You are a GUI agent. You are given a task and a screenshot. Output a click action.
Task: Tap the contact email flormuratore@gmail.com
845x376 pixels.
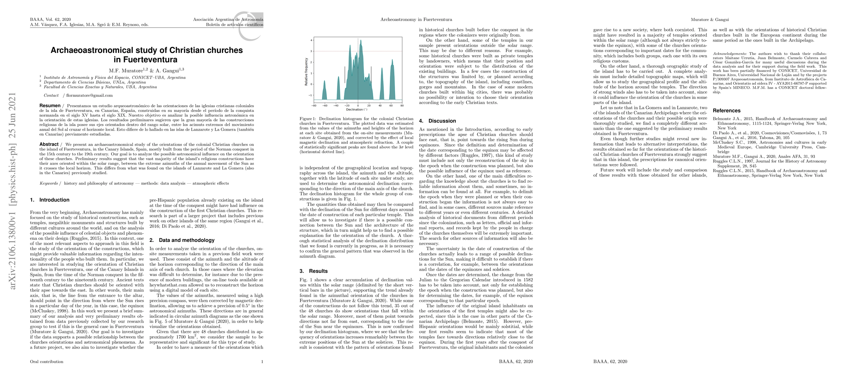pos(89,96)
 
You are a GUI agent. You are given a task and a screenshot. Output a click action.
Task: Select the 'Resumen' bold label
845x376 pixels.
pos(50,106)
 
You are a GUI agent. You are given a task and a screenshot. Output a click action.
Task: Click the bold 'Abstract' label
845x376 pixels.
pos(49,144)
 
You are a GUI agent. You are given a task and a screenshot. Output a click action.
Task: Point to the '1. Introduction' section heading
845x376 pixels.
pos(49,200)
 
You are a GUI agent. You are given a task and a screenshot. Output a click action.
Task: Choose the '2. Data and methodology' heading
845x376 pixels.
pos(182,240)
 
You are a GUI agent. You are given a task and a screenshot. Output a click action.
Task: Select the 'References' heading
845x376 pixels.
pos(727,111)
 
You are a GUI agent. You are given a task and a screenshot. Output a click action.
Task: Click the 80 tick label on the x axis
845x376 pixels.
pos(402,106)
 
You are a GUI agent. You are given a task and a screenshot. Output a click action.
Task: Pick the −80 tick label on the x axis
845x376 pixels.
pos(314,106)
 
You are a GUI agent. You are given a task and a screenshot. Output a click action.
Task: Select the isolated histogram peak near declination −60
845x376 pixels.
pos(325,89)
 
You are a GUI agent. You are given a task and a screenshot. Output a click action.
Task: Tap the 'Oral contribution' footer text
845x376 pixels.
pos(47,362)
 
